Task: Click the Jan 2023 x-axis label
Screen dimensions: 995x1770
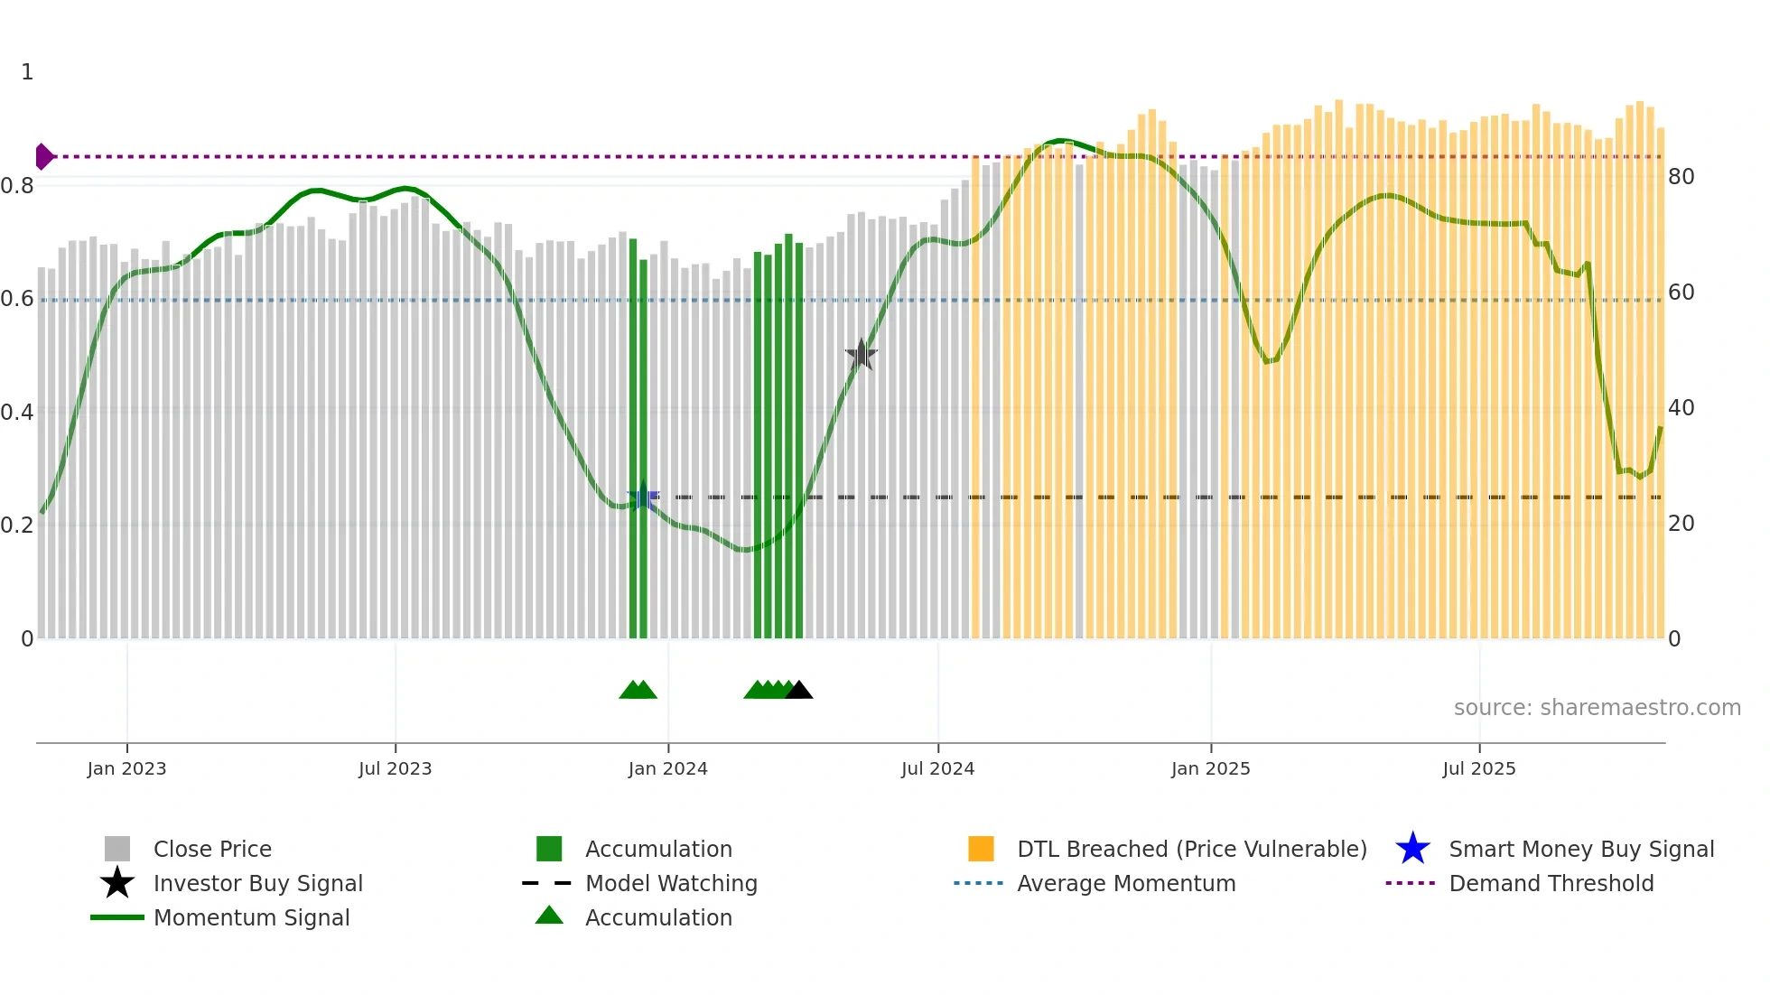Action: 126,768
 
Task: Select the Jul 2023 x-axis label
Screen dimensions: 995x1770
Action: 395,768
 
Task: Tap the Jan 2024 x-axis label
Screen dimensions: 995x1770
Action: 667,768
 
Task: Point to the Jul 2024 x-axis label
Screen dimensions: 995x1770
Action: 937,768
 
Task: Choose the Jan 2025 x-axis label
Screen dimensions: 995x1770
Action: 1210,768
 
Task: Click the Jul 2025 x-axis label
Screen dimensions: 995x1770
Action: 1478,768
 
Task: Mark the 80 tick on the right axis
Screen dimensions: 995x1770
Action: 1681,177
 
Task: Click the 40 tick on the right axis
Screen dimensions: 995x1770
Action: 1681,408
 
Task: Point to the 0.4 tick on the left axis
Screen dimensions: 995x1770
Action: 17,413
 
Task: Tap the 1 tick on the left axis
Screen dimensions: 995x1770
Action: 27,72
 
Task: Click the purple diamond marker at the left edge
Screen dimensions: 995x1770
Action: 43,156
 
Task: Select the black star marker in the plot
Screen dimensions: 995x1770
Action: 862,355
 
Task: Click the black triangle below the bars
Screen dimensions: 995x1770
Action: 799,691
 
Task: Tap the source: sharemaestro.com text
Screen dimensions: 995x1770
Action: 1597,708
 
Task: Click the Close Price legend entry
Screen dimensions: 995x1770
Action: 212,849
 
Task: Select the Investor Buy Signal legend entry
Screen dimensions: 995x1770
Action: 257,883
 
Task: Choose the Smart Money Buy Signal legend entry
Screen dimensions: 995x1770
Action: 1580,849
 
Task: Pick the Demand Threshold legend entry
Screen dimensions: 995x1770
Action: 1551,883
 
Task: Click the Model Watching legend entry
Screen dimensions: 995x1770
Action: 671,883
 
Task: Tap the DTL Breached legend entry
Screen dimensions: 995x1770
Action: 1191,849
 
